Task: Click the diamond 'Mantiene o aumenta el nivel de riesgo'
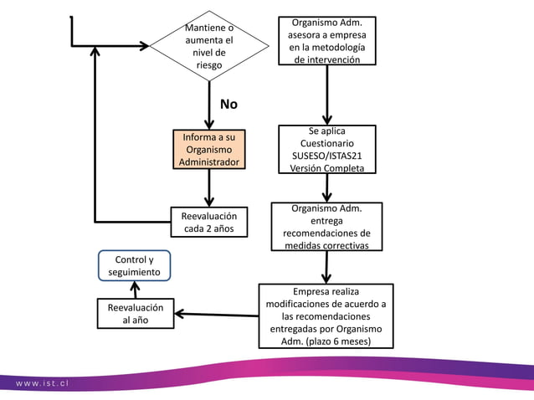[209, 46]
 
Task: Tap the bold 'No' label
[228, 104]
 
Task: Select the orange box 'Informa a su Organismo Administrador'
[209, 149]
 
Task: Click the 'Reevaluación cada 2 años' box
[209, 222]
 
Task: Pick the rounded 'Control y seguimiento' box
[134, 265]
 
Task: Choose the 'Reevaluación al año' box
[136, 314]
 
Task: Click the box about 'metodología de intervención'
[327, 40]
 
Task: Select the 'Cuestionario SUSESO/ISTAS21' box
[327, 149]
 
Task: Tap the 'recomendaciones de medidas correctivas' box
[326, 227]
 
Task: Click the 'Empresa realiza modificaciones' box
[326, 316]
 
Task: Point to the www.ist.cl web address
[42, 383]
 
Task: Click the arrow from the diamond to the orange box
[209, 105]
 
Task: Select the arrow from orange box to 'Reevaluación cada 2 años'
[209, 188]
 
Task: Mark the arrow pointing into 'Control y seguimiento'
[136, 290]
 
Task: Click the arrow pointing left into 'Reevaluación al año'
[217, 315]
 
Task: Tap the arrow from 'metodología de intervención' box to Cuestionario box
[327, 95]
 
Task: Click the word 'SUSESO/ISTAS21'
[327, 156]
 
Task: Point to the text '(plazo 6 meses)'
[338, 341]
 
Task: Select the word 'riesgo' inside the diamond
[209, 65]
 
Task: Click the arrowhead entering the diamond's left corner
[145, 46]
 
